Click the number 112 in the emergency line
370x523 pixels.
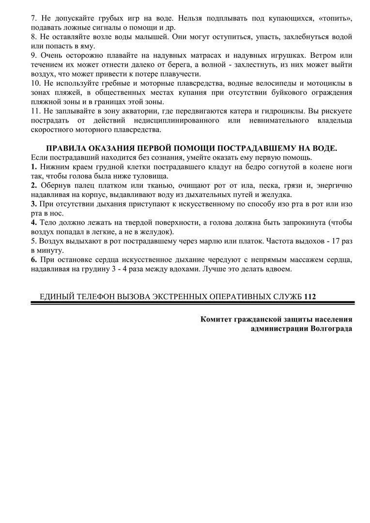[310, 296]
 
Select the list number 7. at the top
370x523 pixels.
[33, 18]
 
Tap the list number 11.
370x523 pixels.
[35, 111]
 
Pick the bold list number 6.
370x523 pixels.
[33, 260]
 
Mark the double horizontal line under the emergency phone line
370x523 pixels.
[192, 303]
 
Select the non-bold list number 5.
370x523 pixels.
[33, 241]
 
